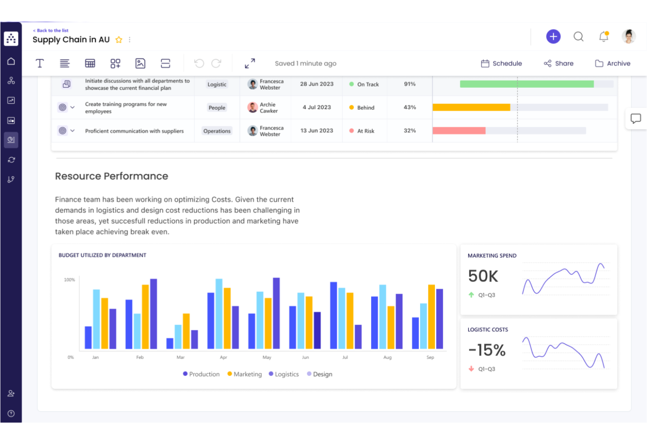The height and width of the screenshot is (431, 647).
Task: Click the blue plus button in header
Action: click(x=553, y=36)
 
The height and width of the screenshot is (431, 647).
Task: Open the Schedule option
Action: click(x=501, y=63)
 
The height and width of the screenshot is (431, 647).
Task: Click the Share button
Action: click(x=559, y=63)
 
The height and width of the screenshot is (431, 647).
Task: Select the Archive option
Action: click(x=612, y=63)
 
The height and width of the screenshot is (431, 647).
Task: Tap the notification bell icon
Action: click(x=604, y=37)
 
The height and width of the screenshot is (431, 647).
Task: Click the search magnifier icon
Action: click(x=578, y=37)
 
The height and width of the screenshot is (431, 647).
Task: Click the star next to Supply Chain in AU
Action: click(x=118, y=40)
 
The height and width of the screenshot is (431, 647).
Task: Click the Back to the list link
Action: click(x=51, y=31)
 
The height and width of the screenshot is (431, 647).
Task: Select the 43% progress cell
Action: click(x=410, y=107)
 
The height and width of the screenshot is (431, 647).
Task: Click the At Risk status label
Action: click(x=365, y=131)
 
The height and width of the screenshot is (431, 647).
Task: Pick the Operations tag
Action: click(x=217, y=131)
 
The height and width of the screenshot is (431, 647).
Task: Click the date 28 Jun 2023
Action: click(x=317, y=84)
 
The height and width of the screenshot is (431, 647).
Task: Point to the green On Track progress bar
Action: click(x=526, y=84)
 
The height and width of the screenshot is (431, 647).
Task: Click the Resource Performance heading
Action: click(x=111, y=176)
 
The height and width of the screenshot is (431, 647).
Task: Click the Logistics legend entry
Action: click(x=284, y=374)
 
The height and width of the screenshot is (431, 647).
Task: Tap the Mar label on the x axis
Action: click(x=181, y=357)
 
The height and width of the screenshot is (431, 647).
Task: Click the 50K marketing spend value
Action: click(x=483, y=276)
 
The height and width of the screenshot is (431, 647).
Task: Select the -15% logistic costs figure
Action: click(x=487, y=350)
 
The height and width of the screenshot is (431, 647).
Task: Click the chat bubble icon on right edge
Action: click(x=635, y=118)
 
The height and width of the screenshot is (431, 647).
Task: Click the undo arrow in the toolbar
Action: click(x=199, y=63)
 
